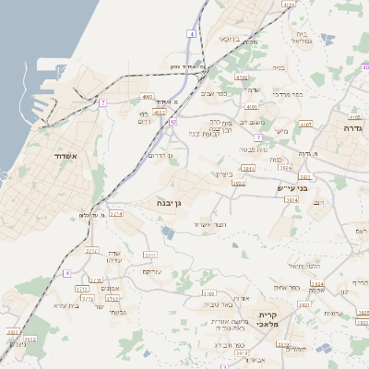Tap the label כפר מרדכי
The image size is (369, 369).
(296, 95)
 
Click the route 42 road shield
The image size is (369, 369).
(173, 121)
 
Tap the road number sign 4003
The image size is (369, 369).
(148, 96)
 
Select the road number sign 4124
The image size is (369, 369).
(289, 5)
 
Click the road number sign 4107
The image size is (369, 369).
(305, 123)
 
